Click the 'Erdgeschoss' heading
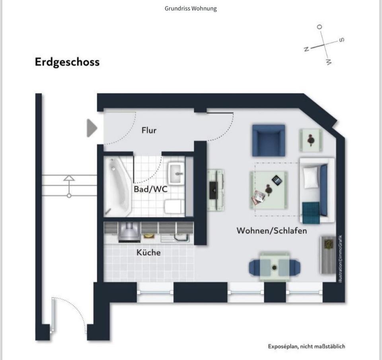pyautogui.click(x=67, y=62)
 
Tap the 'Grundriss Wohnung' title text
pyautogui.click(x=191, y=8)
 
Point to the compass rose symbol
pyautogui.click(x=324, y=45)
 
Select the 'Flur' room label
pyautogui.click(x=149, y=130)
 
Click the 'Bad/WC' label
pyautogui.click(x=150, y=189)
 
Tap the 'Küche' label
pyautogui.click(x=148, y=252)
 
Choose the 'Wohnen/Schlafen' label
pyautogui.click(x=272, y=231)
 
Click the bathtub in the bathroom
pyautogui.click(x=117, y=185)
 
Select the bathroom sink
pyautogui.click(x=176, y=173)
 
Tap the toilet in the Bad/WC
pyautogui.click(x=174, y=207)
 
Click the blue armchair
pyautogui.click(x=269, y=141)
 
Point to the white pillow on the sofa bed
pyautogui.click(x=311, y=178)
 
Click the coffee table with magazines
pyautogui.click(x=269, y=190)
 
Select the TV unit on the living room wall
pyautogui.click(x=215, y=190)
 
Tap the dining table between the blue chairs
pyautogui.click(x=275, y=266)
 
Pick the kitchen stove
pyautogui.click(x=129, y=232)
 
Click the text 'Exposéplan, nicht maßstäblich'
pyautogui.click(x=306, y=346)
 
